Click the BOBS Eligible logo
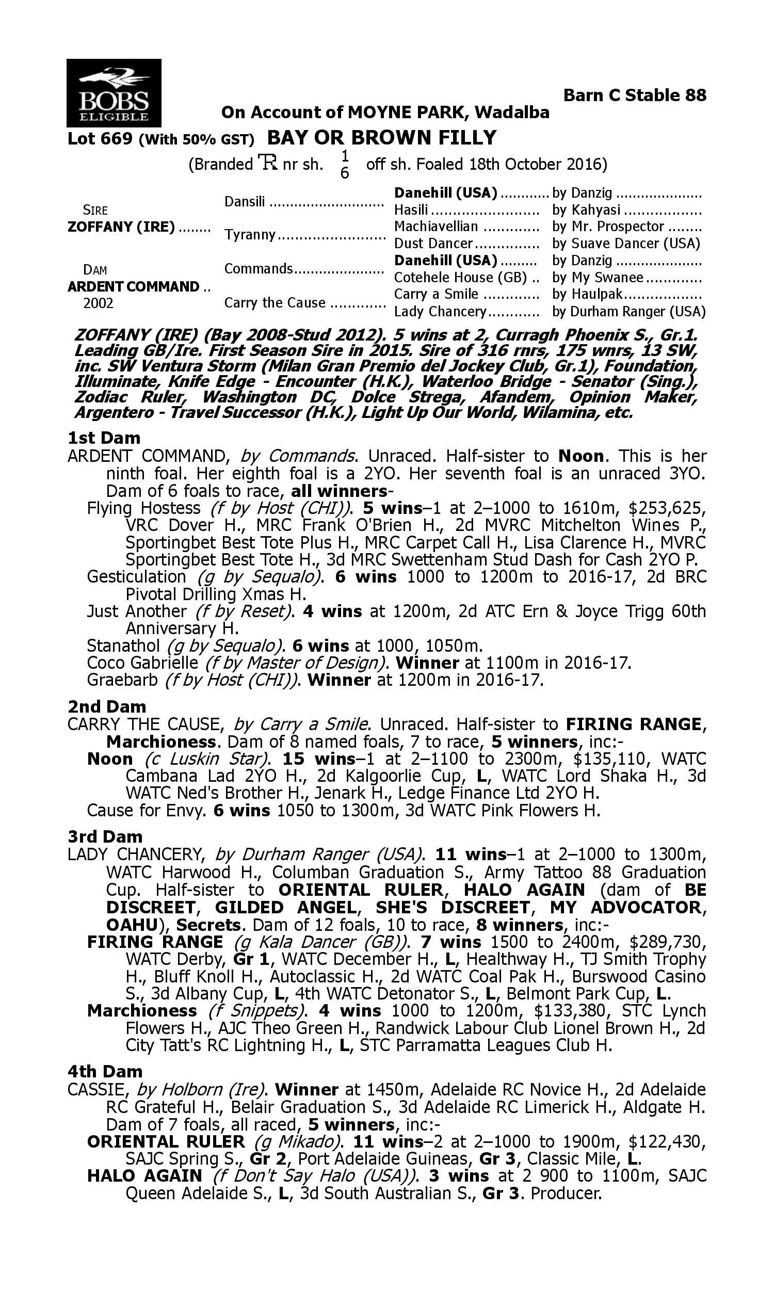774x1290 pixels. (114, 93)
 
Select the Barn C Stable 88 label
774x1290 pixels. (635, 95)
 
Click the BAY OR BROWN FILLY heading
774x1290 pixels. (382, 138)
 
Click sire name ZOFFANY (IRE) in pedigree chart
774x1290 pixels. (121, 228)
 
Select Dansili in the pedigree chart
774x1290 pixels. (245, 201)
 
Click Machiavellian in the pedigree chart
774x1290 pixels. (436, 227)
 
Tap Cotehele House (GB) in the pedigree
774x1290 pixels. (460, 278)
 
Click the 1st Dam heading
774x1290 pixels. (104, 438)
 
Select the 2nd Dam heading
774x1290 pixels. (106, 706)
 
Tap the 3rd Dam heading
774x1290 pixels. (105, 836)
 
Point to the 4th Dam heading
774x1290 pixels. (105, 1071)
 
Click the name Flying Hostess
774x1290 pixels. (143, 508)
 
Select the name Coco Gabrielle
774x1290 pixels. (142, 663)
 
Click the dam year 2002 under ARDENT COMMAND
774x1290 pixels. (98, 303)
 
